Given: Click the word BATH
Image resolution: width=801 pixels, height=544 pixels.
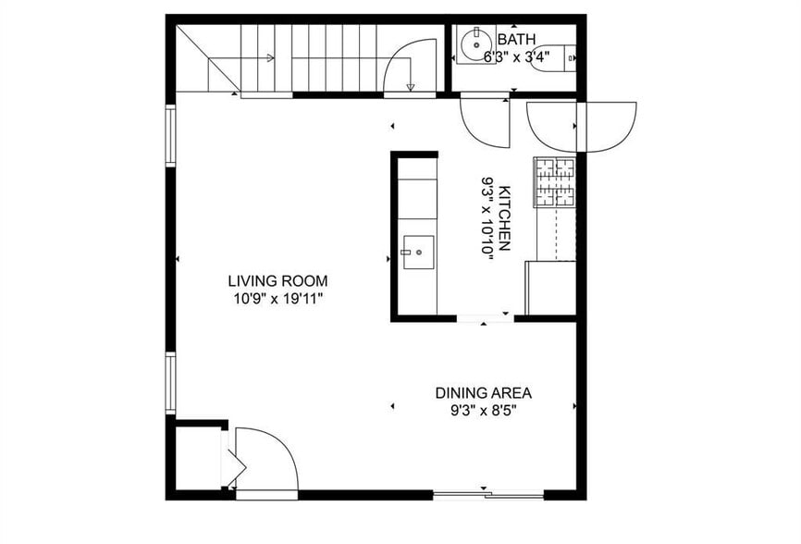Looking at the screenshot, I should coord(514,40).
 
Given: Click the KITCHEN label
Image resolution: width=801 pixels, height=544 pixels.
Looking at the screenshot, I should coord(505,218).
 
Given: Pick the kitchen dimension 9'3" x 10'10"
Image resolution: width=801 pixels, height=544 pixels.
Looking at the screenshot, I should coord(487,218).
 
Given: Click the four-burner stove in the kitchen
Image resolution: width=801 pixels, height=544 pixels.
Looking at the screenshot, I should coord(553,182).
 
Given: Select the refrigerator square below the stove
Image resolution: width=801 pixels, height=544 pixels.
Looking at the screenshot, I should coord(550,288).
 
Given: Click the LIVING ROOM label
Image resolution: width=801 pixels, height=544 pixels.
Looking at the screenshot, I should coord(277,281).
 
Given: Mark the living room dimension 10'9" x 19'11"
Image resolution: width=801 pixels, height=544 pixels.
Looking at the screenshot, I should coord(277,299).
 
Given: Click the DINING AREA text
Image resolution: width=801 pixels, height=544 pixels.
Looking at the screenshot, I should coord(484,392).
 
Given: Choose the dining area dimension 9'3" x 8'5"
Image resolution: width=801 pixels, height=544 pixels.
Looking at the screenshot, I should coord(484,410).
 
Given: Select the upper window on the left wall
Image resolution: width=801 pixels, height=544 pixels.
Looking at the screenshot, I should coord(170,136).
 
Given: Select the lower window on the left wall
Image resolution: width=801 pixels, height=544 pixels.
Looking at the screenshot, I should coord(170,383).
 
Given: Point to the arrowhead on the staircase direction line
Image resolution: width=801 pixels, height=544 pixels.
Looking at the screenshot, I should coord(269,57).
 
